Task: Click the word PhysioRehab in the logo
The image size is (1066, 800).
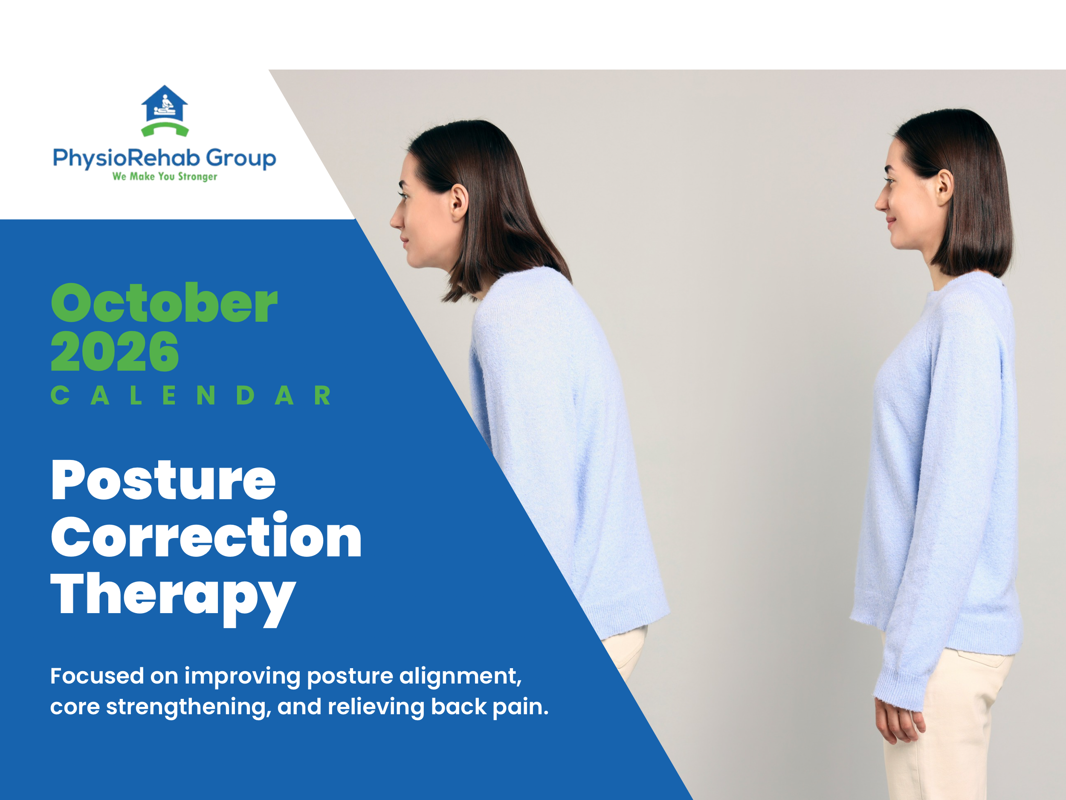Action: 126,158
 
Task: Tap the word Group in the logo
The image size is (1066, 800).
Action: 241,158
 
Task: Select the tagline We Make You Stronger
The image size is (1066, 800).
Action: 165,177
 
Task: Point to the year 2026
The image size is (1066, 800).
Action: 115,352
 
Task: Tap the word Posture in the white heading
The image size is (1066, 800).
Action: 163,480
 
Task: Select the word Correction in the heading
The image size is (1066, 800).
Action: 206,537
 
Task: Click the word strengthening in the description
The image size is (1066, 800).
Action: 186,707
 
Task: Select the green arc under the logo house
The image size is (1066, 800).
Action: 165,129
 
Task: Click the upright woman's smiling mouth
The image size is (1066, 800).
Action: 892,223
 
